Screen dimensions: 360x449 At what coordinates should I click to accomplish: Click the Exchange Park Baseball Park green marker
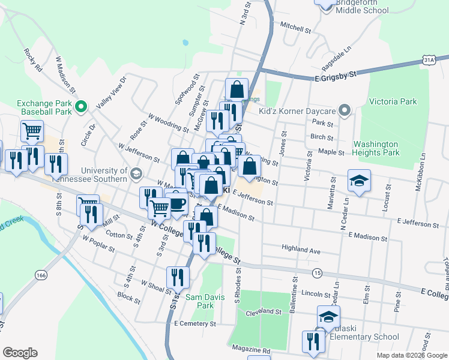(82, 107)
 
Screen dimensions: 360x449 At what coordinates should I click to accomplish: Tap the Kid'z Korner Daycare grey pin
(344, 111)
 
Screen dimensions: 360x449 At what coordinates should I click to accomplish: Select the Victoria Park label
(393, 102)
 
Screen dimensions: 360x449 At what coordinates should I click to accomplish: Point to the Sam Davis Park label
(199, 301)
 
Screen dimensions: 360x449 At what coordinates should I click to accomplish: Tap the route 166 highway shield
(41, 275)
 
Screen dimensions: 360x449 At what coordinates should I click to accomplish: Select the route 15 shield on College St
(317, 273)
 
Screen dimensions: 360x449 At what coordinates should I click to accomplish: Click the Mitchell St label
(295, 27)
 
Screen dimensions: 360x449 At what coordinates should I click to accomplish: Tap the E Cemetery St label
(194, 323)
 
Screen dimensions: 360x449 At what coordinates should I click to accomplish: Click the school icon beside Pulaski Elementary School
(328, 316)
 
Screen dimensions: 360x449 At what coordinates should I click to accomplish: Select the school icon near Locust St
(359, 181)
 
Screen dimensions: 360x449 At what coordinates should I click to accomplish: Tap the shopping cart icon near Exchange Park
(32, 130)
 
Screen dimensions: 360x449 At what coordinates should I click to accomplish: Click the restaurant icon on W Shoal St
(178, 277)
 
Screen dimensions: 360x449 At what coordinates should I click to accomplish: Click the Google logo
(20, 352)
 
